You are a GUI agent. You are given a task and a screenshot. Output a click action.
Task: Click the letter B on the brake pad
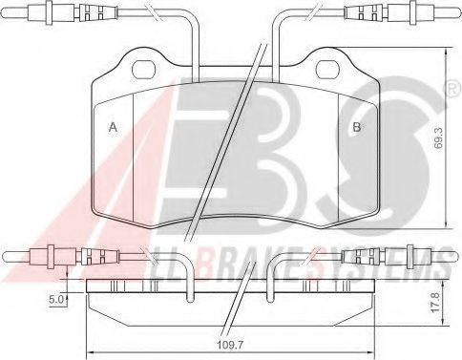(356, 127)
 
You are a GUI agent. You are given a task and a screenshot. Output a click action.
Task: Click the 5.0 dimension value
(55, 299)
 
